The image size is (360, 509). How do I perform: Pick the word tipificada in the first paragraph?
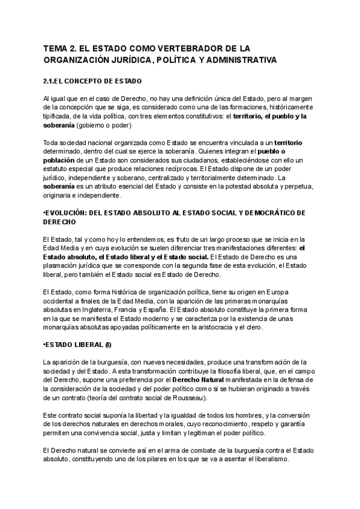[58, 116]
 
